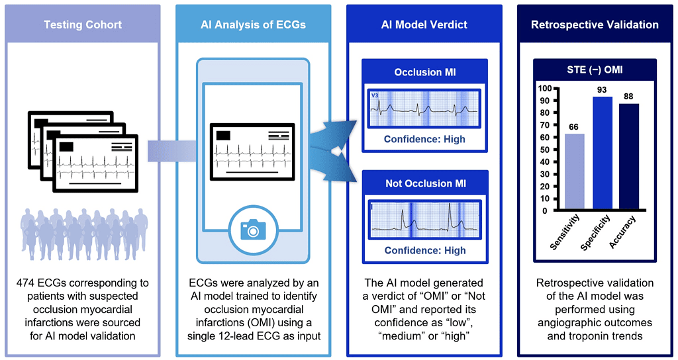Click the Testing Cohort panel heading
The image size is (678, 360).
pyautogui.click(x=83, y=24)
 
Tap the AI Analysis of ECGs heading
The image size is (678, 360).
pyautogui.click(x=253, y=24)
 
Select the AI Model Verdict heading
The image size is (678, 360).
pyautogui.click(x=424, y=24)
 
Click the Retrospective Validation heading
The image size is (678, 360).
pyautogui.click(x=595, y=24)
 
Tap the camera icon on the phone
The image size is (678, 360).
pyautogui.click(x=252, y=229)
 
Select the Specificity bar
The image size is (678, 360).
pyautogui.click(x=602, y=154)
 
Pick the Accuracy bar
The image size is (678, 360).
pyautogui.click(x=629, y=157)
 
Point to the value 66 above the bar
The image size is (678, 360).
pyautogui.click(x=574, y=126)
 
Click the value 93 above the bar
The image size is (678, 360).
pyautogui.click(x=602, y=89)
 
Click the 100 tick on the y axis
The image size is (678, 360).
pyautogui.click(x=545, y=88)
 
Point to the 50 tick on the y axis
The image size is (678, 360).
pyautogui.click(x=547, y=150)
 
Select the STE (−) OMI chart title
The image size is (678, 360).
pyautogui.click(x=595, y=68)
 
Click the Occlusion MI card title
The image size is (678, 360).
pyautogui.click(x=424, y=71)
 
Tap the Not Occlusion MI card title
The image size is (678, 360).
pyautogui.click(x=424, y=183)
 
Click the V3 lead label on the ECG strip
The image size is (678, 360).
pyautogui.click(x=375, y=95)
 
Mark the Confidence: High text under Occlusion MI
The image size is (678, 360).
pyautogui.click(x=424, y=139)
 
